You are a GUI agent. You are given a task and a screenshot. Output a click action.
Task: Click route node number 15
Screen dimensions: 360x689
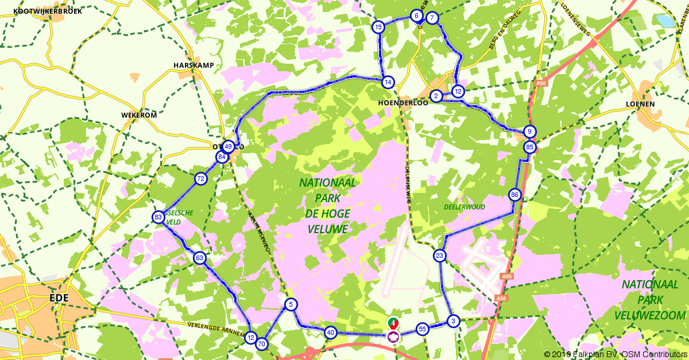(378, 27)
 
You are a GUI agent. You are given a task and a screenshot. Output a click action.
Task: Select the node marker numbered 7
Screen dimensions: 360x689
(432, 18)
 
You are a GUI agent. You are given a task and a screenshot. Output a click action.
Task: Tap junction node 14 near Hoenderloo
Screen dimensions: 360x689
(389, 82)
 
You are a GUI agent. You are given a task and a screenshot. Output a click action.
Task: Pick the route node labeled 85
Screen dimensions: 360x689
(529, 147)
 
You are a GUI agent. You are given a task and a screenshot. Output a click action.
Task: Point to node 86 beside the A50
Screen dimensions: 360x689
(514, 195)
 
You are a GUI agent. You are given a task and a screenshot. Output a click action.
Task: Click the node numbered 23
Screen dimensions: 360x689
(440, 256)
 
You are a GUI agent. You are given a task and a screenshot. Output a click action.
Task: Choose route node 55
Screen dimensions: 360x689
(422, 329)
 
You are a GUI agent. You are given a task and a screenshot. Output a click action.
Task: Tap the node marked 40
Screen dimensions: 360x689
(330, 332)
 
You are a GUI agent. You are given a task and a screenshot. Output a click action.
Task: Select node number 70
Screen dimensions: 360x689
(262, 344)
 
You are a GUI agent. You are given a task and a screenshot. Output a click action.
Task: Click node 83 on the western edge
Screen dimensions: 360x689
(158, 217)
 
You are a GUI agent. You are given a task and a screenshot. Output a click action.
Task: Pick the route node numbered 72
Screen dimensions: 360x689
(200, 179)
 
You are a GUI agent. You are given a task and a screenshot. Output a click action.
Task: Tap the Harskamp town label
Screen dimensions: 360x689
(193, 65)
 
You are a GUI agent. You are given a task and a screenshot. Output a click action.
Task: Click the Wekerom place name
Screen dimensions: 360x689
(139, 115)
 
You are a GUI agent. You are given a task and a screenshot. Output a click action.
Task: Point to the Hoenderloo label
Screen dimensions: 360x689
(401, 102)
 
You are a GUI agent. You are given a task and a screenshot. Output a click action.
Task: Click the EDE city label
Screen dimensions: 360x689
(59, 299)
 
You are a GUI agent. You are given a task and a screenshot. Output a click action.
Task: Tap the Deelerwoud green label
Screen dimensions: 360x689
(465, 207)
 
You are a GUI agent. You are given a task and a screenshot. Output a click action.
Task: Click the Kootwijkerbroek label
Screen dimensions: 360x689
(48, 11)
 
